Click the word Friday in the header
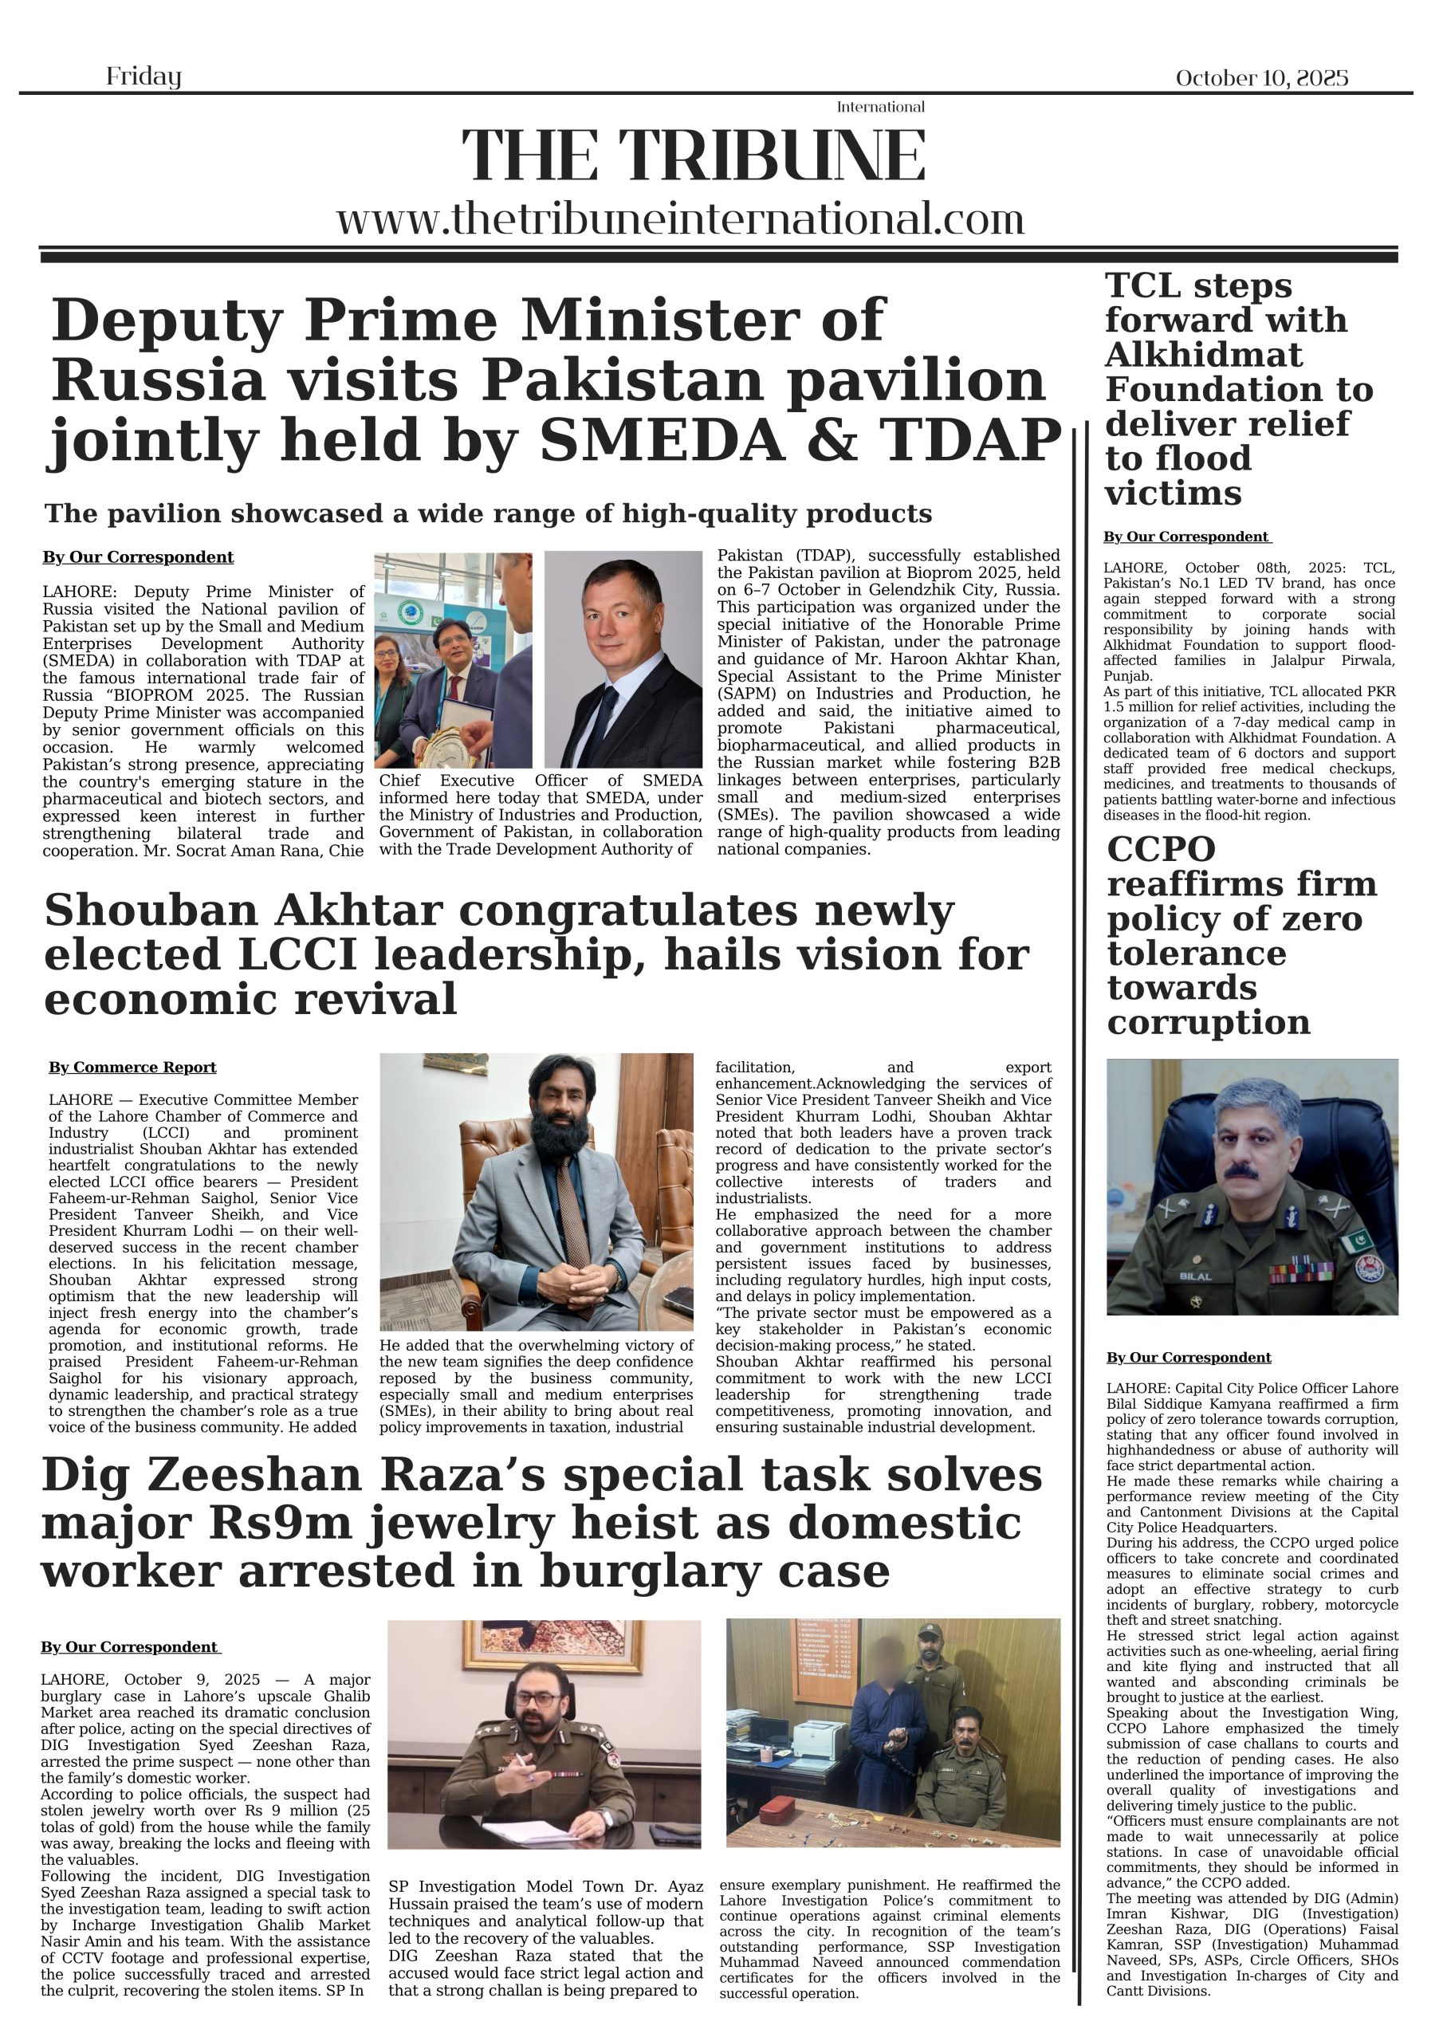click(144, 77)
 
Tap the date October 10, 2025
click(1260, 78)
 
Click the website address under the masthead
click(680, 218)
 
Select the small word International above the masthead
click(879, 108)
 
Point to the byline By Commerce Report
click(132, 1067)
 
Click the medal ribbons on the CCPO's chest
click(1301, 1272)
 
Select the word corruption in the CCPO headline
click(1209, 1022)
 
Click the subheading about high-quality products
click(488, 513)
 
